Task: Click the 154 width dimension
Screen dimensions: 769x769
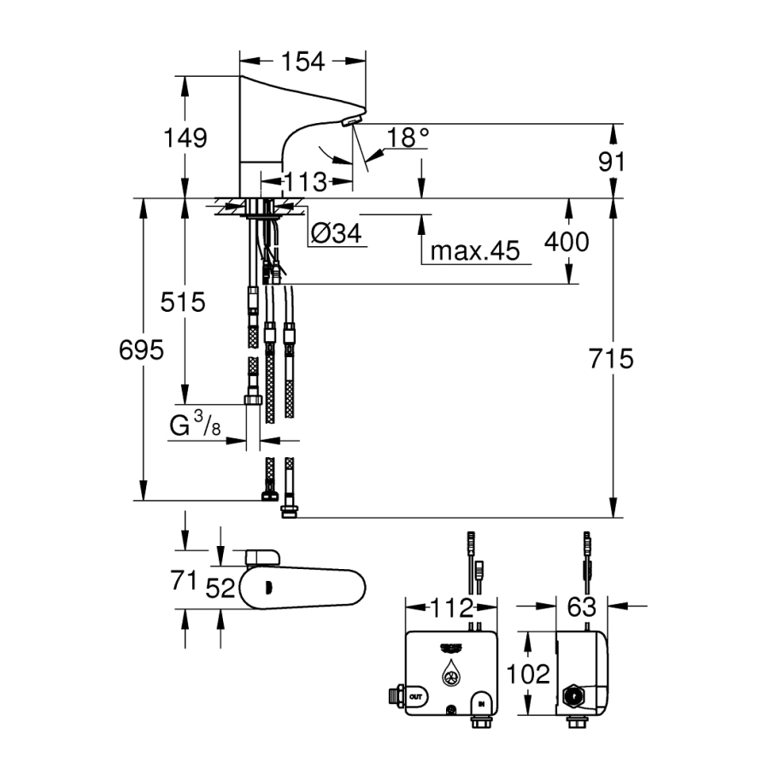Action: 303,62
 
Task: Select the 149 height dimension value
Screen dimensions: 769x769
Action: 185,138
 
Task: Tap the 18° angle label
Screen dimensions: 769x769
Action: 407,138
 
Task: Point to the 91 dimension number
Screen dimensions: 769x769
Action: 612,161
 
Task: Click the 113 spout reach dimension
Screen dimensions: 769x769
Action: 306,182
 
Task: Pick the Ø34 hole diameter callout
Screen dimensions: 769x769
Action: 337,235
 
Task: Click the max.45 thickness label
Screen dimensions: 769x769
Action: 475,250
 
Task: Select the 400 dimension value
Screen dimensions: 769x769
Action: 566,243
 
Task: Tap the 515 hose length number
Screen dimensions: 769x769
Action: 184,302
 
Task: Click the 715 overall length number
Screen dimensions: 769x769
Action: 611,359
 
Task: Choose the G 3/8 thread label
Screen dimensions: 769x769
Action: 196,425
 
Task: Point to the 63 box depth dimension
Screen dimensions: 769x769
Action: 582,608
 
